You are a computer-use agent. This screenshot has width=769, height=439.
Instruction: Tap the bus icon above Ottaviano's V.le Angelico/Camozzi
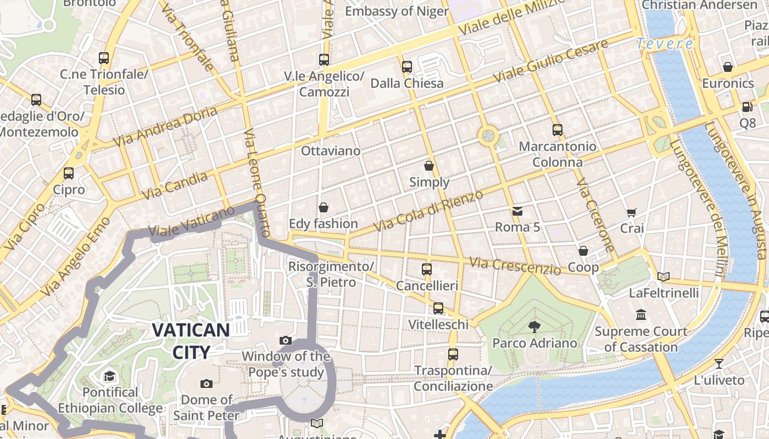324,59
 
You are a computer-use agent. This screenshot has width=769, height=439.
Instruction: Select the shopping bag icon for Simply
429,165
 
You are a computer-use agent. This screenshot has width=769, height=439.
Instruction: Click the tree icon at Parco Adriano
533,327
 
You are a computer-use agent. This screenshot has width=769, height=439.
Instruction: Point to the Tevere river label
665,44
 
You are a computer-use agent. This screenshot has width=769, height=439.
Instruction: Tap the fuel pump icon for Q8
747,107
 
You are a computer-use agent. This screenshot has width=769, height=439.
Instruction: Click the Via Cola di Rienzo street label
428,211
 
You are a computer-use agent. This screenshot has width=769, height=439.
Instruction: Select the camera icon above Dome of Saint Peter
207,384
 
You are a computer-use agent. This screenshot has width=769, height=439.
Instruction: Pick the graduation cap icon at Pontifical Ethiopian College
110,376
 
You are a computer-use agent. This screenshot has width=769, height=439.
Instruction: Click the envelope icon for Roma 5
517,211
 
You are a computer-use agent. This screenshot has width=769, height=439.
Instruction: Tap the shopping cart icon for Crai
632,212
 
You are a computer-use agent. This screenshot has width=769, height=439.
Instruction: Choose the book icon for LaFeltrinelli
664,277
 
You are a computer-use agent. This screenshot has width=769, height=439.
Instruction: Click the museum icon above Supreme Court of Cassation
641,315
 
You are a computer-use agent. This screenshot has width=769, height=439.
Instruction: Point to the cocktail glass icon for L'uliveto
718,363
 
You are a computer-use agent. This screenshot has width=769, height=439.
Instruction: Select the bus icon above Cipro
69,173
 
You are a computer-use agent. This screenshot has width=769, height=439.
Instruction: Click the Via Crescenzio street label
515,266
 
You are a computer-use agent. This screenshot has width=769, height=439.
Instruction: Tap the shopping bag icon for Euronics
728,67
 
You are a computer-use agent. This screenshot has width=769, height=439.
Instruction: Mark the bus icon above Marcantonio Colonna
558,130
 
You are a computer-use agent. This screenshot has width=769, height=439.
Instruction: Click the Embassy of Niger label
397,11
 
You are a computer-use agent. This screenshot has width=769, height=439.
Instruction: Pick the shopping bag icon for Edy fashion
324,207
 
